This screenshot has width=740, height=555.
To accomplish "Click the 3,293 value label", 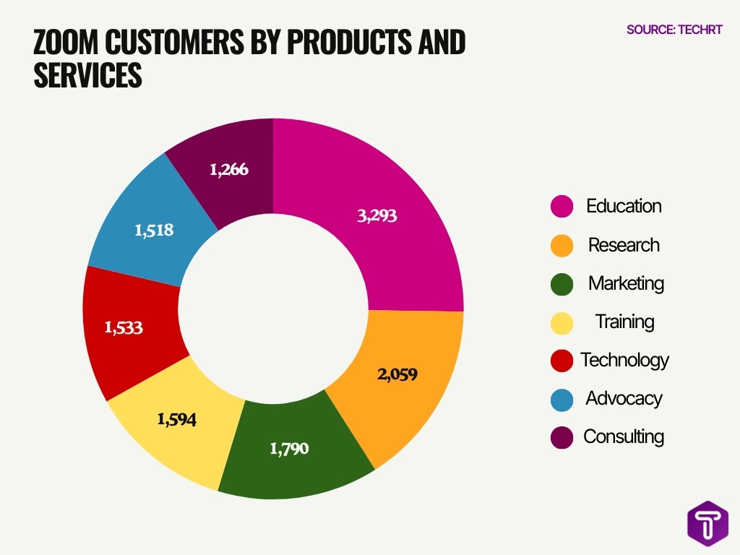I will pyautogui.click(x=377, y=215).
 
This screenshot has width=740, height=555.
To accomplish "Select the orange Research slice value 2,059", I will pyautogui.click(x=397, y=374).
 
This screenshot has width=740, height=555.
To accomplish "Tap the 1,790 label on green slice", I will pyautogui.click(x=289, y=449).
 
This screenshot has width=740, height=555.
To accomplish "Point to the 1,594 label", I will pyautogui.click(x=176, y=419).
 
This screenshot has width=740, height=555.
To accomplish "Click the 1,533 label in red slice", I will pyautogui.click(x=124, y=327).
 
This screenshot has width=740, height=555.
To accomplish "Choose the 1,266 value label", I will pyautogui.click(x=229, y=170).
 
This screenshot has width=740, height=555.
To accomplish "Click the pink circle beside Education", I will pyautogui.click(x=562, y=207).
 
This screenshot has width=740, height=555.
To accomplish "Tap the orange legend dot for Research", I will pyautogui.click(x=562, y=245).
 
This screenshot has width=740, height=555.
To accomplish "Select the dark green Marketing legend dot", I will pyautogui.click(x=562, y=283).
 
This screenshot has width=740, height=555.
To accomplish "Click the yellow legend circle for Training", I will pyautogui.click(x=562, y=322).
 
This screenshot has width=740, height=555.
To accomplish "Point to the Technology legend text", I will pyautogui.click(x=624, y=360).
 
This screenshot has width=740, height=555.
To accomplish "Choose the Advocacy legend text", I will pyautogui.click(x=624, y=398).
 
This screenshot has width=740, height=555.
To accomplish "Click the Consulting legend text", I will pyautogui.click(x=624, y=436).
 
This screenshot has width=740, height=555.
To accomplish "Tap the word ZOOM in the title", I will pyautogui.click(x=65, y=43).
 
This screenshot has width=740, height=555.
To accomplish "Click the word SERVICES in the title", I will pyautogui.click(x=87, y=76).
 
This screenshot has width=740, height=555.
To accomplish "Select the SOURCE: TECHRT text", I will pyautogui.click(x=674, y=30).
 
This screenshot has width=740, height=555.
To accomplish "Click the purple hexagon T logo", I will pyautogui.click(x=707, y=522).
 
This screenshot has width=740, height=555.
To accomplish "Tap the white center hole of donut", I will pyautogui.click(x=273, y=309).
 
